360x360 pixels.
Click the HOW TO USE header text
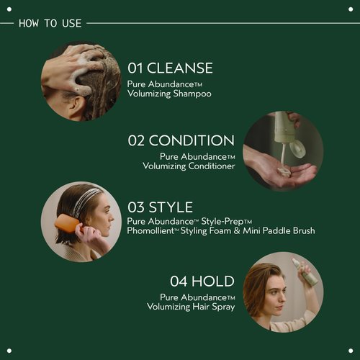[x=50, y=23]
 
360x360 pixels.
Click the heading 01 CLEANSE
[x=170, y=68]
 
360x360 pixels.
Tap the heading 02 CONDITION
[x=181, y=140]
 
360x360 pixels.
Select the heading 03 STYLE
[x=160, y=207]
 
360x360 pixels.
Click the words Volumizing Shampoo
[x=169, y=94]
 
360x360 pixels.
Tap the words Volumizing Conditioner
[x=189, y=166]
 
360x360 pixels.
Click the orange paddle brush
[x=67, y=230]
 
